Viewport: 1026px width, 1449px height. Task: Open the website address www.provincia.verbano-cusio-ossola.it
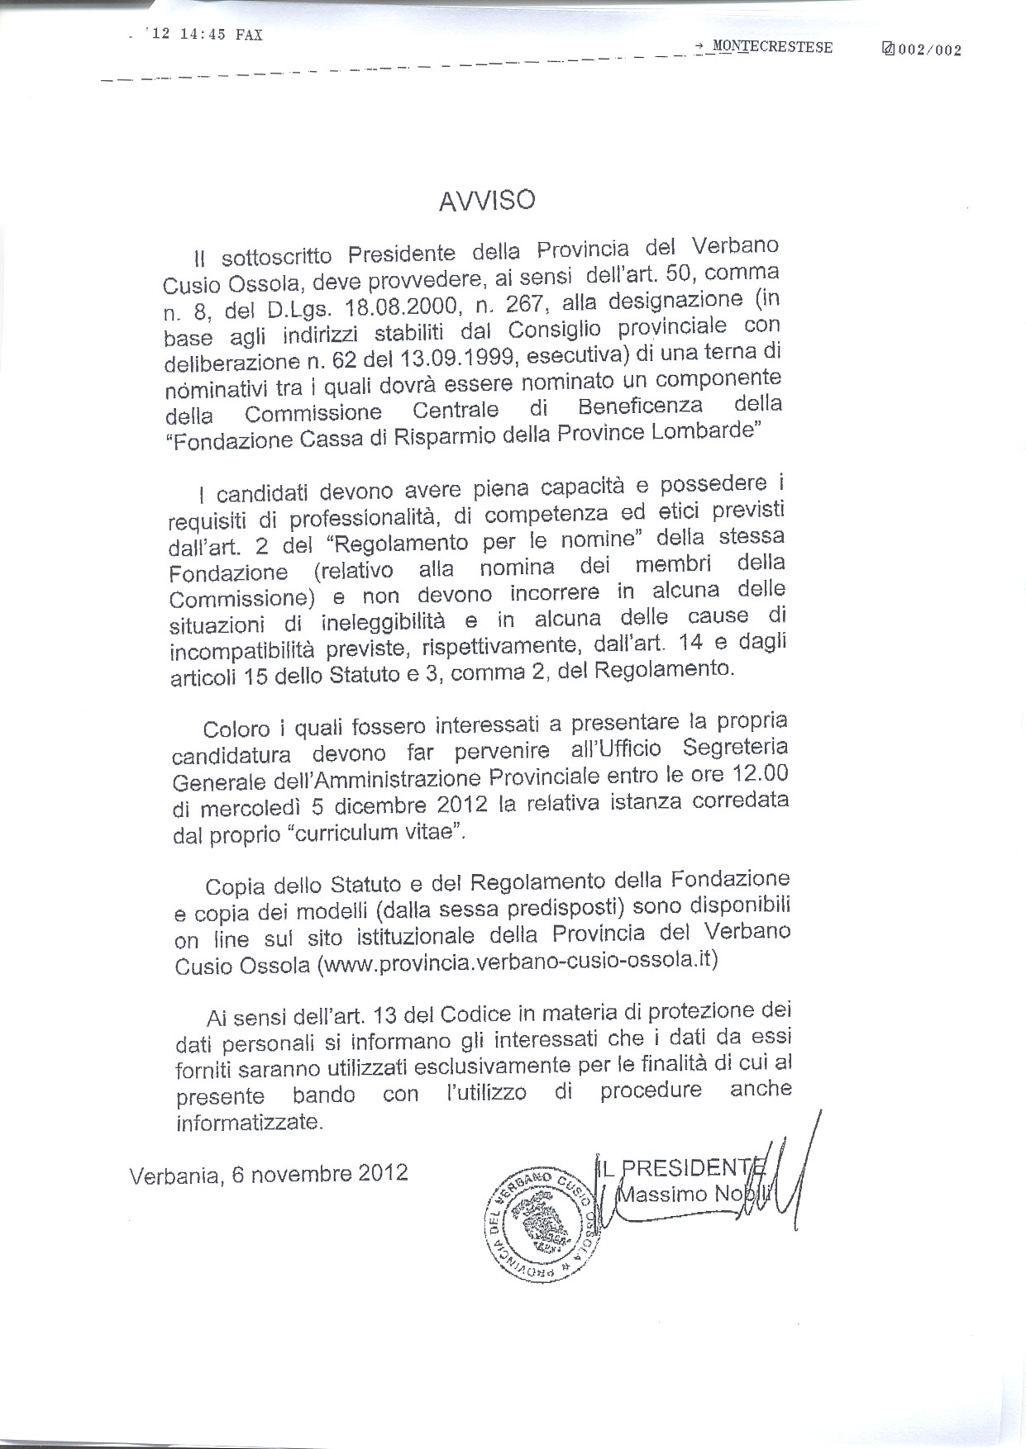[x=518, y=961]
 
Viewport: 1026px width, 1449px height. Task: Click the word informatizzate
[x=247, y=1123]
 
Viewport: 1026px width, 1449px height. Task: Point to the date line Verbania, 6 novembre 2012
[x=269, y=1174]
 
